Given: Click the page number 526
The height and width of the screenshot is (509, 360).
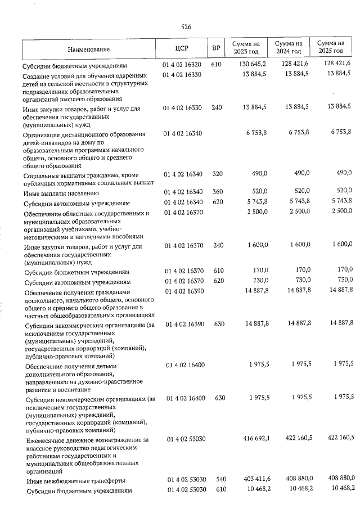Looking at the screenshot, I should click(x=187, y=27).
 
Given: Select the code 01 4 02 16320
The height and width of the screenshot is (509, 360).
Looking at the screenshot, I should click(x=182, y=65).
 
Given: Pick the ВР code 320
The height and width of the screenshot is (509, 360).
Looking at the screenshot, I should click(x=217, y=175).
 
